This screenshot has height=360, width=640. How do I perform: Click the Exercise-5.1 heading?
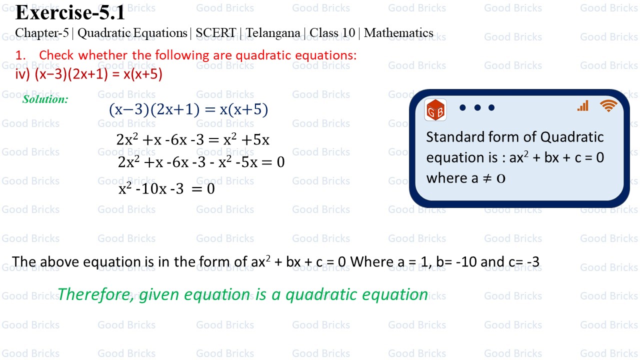pyautogui.click(x=70, y=12)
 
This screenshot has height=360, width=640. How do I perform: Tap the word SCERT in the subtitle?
pyautogui.click(x=216, y=33)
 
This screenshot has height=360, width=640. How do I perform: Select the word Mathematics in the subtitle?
pyautogui.click(x=398, y=33)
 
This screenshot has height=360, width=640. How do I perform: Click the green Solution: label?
pyautogui.click(x=45, y=99)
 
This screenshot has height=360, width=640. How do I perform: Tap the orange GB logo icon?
pyautogui.click(x=435, y=110)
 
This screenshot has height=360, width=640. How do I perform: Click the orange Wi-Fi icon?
pyautogui.click(x=608, y=105)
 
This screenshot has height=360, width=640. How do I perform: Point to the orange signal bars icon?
pyautogui.click(x=583, y=105)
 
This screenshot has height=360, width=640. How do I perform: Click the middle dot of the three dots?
pyautogui.click(x=477, y=107)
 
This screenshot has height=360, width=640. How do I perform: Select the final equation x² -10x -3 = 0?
pyautogui.click(x=166, y=188)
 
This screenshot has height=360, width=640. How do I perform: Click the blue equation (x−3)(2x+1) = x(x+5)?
pyautogui.click(x=188, y=109)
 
